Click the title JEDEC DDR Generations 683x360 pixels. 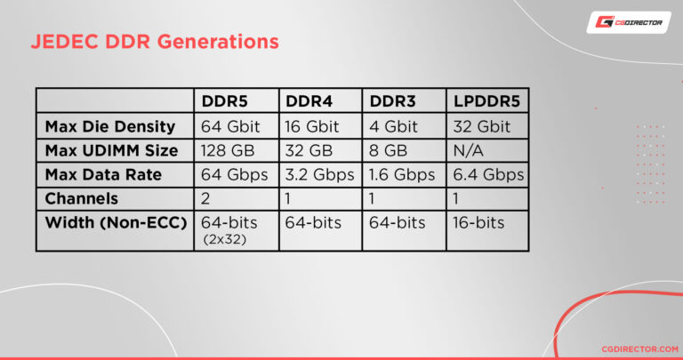[x=155, y=42]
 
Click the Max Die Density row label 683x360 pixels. [x=109, y=126]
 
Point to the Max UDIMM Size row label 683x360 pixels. [x=111, y=150]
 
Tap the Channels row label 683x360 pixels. [x=82, y=199]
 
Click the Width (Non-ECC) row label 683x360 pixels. [x=116, y=222]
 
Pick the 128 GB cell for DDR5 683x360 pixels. [x=227, y=150]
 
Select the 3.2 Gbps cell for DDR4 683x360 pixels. [x=319, y=174]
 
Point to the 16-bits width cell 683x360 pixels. [x=479, y=222]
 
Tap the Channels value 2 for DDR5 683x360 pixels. [x=206, y=199]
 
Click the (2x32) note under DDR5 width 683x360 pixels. [x=224, y=239]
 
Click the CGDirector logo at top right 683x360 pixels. [x=628, y=22]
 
